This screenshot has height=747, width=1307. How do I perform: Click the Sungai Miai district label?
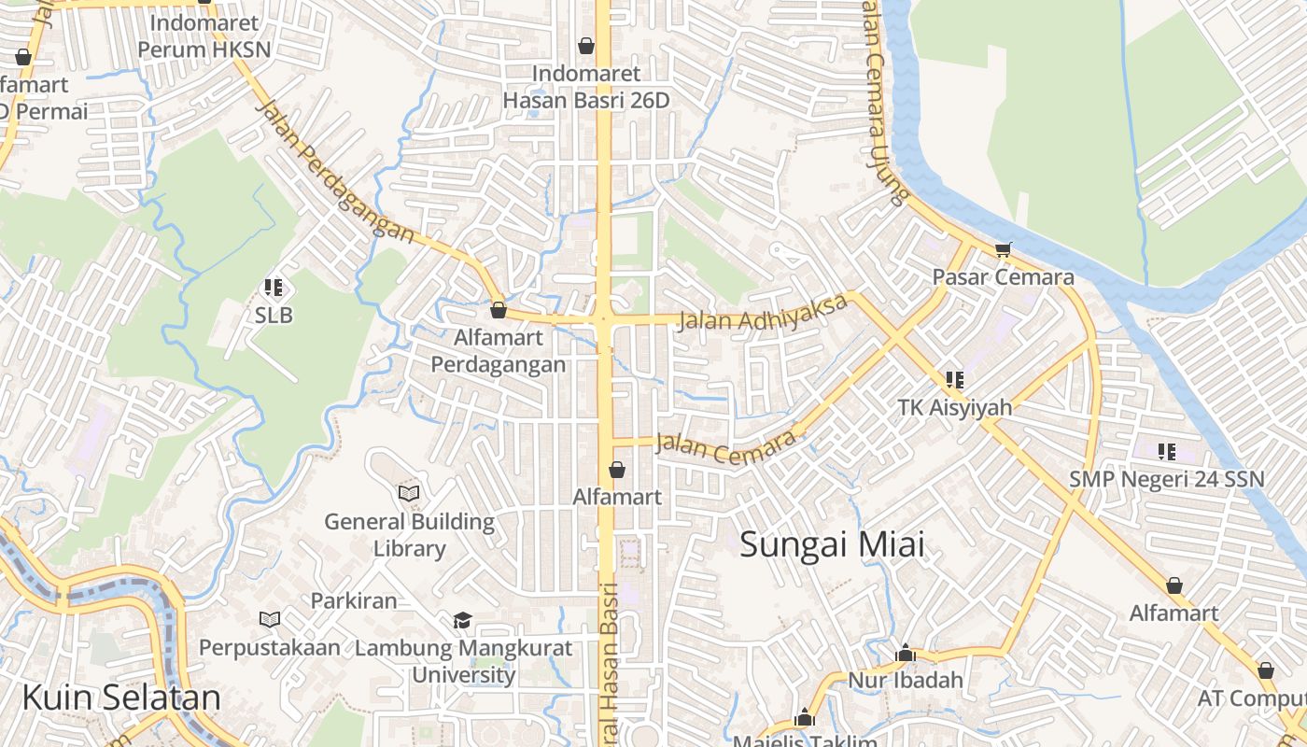pyautogui.click(x=832, y=544)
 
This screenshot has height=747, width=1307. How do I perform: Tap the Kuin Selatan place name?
pyautogui.click(x=121, y=698)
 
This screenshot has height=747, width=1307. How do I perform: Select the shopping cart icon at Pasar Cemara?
pyautogui.click(x=1004, y=249)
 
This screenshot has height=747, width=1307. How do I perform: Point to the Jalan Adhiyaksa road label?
pyautogui.click(x=764, y=313)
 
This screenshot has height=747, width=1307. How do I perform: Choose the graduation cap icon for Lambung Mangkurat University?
pyautogui.click(x=462, y=621)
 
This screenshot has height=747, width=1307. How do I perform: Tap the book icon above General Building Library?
pyautogui.click(x=409, y=493)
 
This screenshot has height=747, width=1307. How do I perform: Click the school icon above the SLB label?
pyautogui.click(x=274, y=288)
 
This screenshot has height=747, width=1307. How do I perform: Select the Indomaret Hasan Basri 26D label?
pyautogui.click(x=586, y=86)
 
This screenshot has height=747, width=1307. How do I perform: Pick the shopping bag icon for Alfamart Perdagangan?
pyautogui.click(x=499, y=310)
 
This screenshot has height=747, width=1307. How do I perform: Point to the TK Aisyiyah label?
pyautogui.click(x=954, y=408)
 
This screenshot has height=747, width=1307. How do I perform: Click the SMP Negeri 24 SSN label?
pyautogui.click(x=1166, y=479)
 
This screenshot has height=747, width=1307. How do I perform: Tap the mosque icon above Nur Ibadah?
pyautogui.click(x=905, y=654)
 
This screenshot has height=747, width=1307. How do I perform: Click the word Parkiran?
pyautogui.click(x=354, y=600)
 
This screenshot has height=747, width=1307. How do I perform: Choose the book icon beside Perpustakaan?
pyautogui.click(x=269, y=619)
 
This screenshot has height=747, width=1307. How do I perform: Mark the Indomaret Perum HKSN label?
pyautogui.click(x=204, y=35)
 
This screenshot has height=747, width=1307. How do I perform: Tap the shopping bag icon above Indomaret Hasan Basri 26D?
pyautogui.click(x=586, y=45)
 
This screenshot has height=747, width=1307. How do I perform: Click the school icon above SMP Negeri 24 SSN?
pyautogui.click(x=1166, y=452)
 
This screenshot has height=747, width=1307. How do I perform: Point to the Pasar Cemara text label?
pyautogui.click(x=1004, y=277)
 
